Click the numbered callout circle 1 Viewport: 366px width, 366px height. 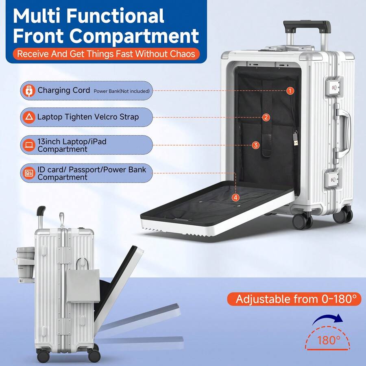(x=290, y=91)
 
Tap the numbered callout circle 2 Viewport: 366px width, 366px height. (x=266, y=118)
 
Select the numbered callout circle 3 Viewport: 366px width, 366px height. (x=255, y=145)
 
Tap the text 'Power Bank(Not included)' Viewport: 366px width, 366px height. (x=122, y=91)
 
